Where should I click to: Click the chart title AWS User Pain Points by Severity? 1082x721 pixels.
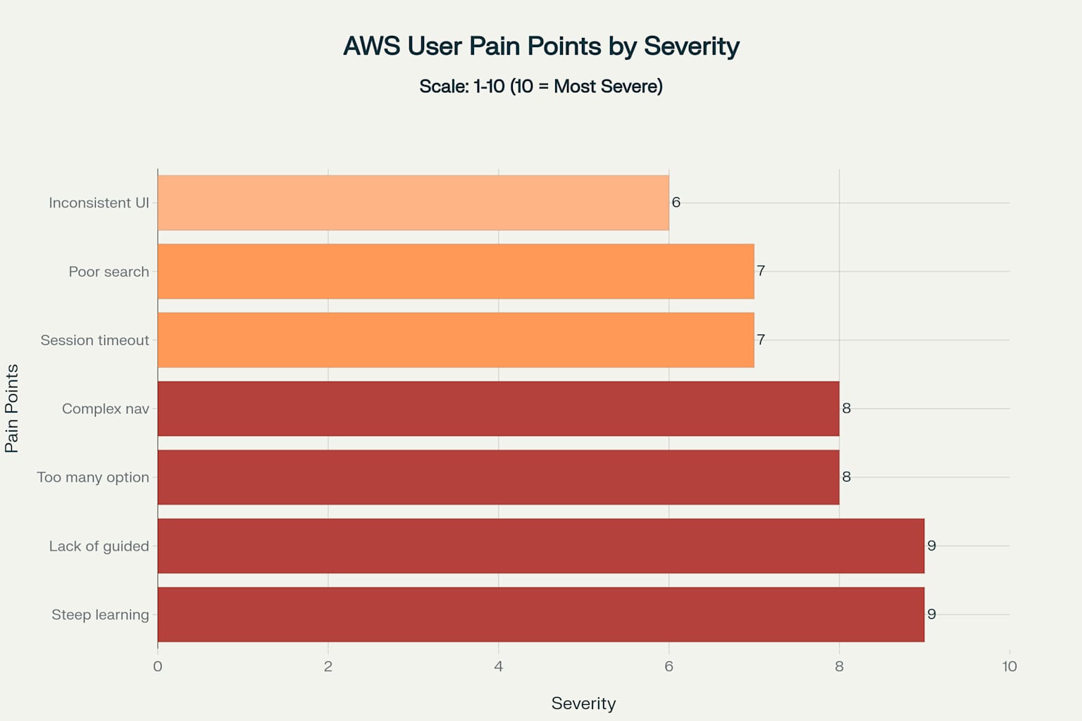(x=541, y=46)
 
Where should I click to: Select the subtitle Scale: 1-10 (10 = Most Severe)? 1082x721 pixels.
(x=541, y=87)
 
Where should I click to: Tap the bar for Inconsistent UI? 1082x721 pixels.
(x=413, y=203)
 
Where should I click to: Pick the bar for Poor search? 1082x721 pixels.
(x=456, y=272)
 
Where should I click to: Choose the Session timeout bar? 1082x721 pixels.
(x=456, y=340)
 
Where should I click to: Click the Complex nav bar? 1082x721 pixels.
(x=498, y=408)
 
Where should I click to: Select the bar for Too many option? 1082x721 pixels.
(x=498, y=477)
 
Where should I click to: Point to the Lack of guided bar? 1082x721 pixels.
(x=541, y=546)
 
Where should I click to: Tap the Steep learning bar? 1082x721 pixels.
(x=541, y=615)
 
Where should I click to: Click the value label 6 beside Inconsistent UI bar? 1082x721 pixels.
(x=676, y=203)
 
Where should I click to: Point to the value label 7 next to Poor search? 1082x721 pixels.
(x=761, y=271)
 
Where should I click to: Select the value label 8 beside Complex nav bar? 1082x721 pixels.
(x=847, y=408)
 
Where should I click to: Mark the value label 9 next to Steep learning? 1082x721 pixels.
(x=931, y=615)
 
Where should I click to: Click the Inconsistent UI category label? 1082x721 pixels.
(x=99, y=203)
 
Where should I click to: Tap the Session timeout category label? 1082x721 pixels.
(x=94, y=340)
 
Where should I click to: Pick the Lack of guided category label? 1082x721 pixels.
(x=99, y=546)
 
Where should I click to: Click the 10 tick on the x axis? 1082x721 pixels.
(x=1009, y=667)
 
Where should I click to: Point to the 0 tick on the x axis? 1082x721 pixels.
(x=158, y=667)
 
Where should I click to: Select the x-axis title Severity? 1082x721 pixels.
(x=583, y=703)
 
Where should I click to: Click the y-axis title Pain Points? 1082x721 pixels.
(x=12, y=408)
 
